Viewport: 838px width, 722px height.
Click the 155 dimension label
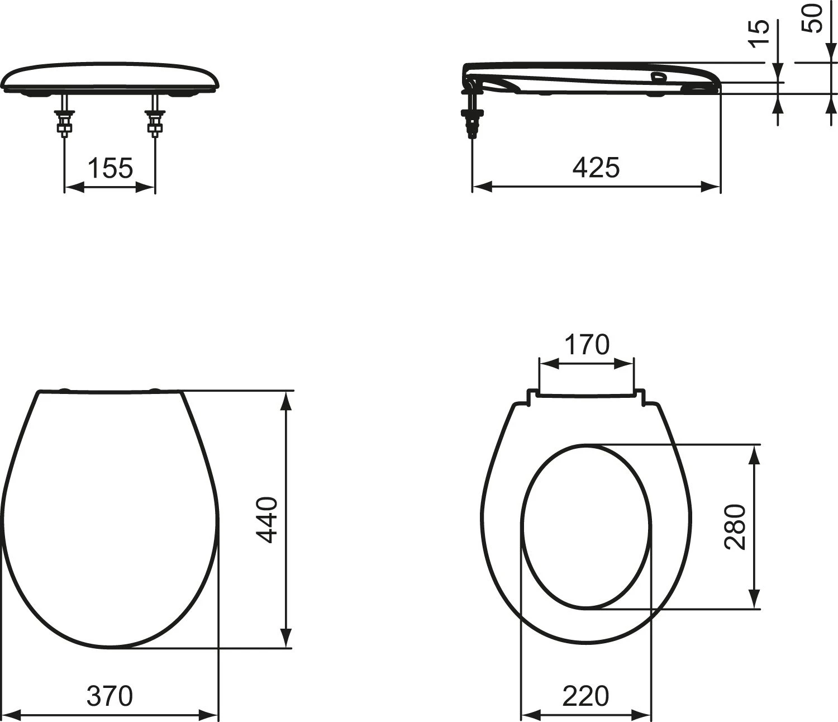(x=110, y=168)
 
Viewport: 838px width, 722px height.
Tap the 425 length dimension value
(x=596, y=167)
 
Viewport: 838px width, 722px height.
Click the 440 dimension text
(x=268, y=520)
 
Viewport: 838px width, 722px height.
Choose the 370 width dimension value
(x=109, y=662)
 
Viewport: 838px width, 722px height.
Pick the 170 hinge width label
(x=587, y=344)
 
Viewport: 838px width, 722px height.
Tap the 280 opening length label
(x=735, y=527)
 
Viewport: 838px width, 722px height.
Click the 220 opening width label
(x=585, y=662)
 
